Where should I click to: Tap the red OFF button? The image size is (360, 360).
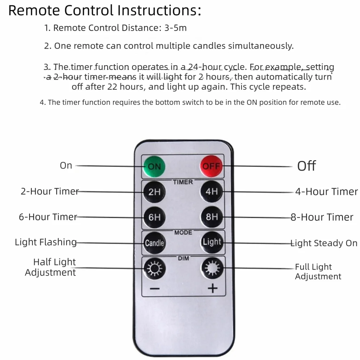pos(211,166)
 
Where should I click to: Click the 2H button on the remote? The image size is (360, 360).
pos(154,192)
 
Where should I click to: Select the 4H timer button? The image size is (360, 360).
pos(211,192)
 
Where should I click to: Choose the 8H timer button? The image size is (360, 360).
pos(212,217)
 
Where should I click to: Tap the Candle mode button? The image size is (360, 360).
pos(154,243)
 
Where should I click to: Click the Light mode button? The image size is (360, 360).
pos(212,242)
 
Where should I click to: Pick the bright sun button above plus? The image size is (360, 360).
pos(212,268)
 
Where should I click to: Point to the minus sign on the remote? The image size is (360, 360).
pos(154,288)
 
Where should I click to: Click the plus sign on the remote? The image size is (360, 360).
pos(213,288)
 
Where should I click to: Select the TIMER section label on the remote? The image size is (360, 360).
pos(183,182)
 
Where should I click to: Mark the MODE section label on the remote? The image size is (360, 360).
pos(183,233)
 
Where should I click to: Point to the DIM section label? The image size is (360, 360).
pos(184,258)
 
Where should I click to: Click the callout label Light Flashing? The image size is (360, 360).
pos(46,242)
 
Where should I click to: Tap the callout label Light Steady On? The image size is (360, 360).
pos(324,243)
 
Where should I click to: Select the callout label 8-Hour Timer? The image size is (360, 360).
pos(322,217)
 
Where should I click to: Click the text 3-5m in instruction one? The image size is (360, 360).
pos(176,28)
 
